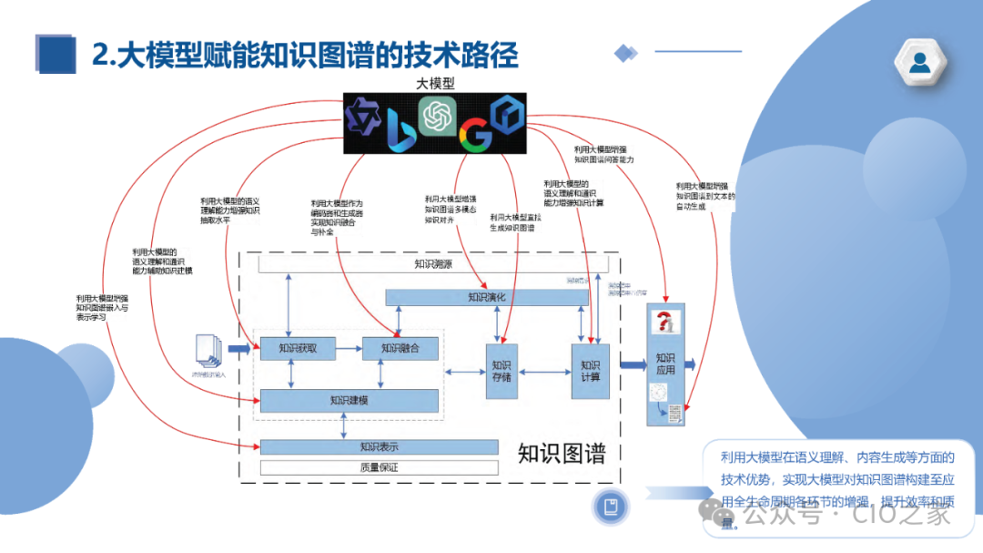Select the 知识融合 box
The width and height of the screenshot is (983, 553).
400,348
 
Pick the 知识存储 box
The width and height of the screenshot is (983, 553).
501,372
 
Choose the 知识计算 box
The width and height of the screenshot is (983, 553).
590,371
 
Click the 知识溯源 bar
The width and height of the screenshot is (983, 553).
432,264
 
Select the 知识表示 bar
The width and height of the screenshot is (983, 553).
379,447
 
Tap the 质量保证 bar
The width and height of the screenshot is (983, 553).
379,467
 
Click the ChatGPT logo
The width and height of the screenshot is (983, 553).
436,116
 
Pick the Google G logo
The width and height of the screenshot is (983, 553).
474,135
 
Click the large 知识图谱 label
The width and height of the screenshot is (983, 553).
561,453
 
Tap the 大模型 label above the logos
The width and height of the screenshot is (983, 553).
434,83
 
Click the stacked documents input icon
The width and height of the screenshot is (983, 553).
208,351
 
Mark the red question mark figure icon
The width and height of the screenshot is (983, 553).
665,323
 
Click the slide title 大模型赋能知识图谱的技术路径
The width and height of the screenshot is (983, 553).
305,56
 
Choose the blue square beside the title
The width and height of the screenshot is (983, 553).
55,54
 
